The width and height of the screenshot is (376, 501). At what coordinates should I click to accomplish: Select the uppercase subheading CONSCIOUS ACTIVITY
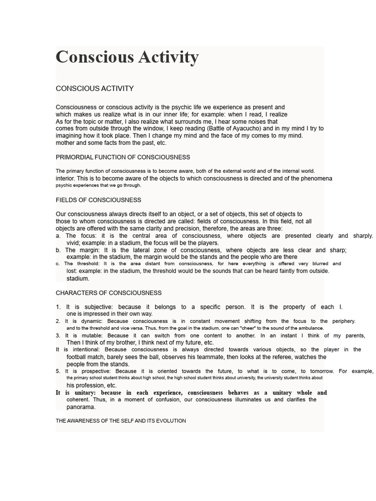94,89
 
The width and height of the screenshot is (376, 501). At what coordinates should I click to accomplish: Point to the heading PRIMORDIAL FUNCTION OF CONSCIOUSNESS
123,157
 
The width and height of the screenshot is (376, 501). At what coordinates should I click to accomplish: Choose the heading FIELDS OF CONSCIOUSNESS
98,200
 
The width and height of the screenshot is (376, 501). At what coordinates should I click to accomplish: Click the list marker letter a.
58,236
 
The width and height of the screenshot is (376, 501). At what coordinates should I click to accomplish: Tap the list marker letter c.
58,264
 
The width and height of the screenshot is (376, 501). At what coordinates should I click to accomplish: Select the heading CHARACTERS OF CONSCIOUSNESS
109,293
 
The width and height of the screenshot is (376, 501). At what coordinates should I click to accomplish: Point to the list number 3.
58,336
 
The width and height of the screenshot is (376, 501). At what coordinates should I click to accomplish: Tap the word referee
280,357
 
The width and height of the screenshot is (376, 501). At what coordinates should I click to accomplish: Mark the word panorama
81,407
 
